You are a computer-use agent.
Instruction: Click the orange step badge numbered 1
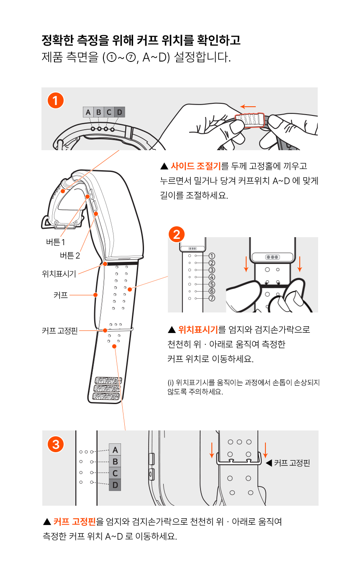click(55, 100)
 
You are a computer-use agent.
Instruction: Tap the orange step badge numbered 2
click(177, 234)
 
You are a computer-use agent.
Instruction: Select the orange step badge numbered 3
click(56, 444)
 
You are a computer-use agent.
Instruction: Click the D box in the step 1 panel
click(120, 112)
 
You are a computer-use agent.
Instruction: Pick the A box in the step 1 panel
click(88, 112)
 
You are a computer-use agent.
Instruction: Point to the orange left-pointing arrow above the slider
click(248, 106)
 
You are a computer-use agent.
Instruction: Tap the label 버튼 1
click(56, 242)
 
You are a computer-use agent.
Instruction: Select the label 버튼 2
click(70, 255)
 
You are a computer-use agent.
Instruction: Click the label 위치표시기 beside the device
click(59, 274)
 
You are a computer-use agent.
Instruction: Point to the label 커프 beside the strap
click(61, 295)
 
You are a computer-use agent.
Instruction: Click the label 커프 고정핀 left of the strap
click(60, 330)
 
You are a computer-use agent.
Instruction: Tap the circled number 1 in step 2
click(212, 256)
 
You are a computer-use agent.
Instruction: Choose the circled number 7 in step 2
click(212, 298)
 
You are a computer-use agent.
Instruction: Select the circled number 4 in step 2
click(212, 277)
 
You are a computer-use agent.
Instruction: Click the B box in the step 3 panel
click(115, 462)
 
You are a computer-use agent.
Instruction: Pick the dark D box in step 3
click(115, 485)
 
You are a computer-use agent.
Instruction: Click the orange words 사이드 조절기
click(196, 166)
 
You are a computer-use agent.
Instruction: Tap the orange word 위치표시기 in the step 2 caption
click(198, 330)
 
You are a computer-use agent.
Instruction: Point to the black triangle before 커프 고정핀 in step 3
click(269, 463)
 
